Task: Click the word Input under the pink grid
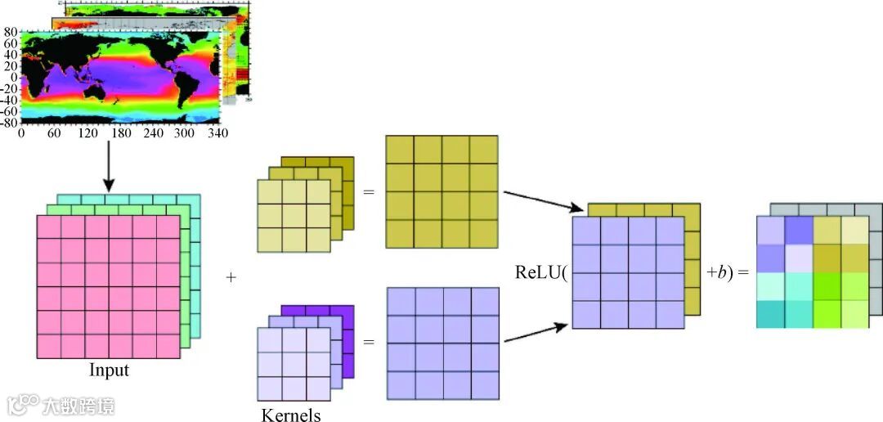(x=109, y=370)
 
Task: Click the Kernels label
(x=291, y=415)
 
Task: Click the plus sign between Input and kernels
(x=231, y=278)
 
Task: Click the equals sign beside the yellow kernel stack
(x=368, y=193)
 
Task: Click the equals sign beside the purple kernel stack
(x=368, y=339)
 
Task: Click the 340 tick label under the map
(x=217, y=132)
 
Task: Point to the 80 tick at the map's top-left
(x=11, y=33)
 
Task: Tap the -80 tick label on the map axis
(x=8, y=122)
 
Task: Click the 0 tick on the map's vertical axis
(x=14, y=78)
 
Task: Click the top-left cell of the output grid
(x=770, y=230)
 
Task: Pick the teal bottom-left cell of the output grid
(x=770, y=314)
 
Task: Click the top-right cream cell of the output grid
(x=854, y=230)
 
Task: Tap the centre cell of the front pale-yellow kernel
(x=294, y=215)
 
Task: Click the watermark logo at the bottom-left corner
(x=25, y=404)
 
